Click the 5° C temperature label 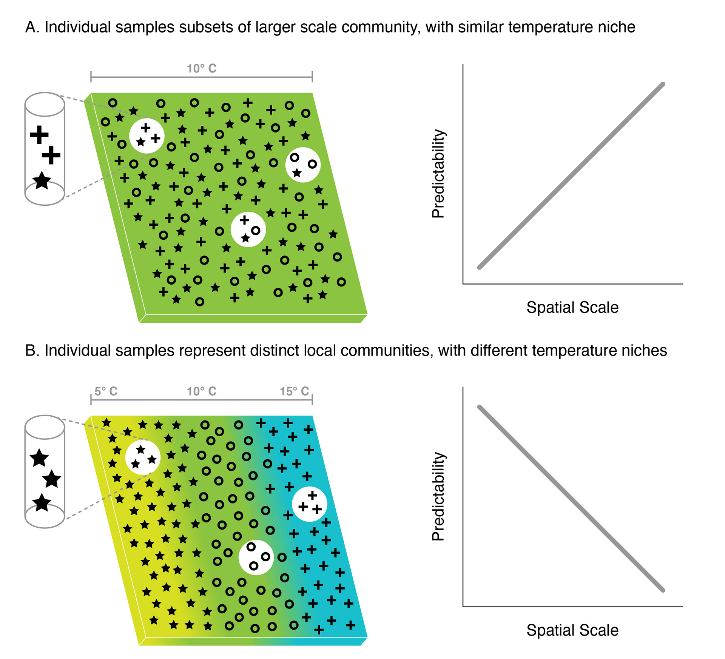tap(106, 391)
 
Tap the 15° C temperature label tap(294, 391)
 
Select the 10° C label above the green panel tap(202, 69)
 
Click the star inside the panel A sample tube tap(42, 180)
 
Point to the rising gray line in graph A tap(571, 176)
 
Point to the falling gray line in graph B tap(571, 499)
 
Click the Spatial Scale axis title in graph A tap(572, 308)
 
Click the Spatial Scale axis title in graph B tap(572, 630)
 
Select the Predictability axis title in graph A tap(438, 174)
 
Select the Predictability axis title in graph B tap(438, 497)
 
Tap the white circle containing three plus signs tap(310, 504)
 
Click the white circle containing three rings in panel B tap(256, 557)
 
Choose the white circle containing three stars tap(143, 457)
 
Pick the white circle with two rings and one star tap(303, 165)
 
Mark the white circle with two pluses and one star tap(147, 136)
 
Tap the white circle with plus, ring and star tap(248, 229)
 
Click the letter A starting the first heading tap(31, 28)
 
